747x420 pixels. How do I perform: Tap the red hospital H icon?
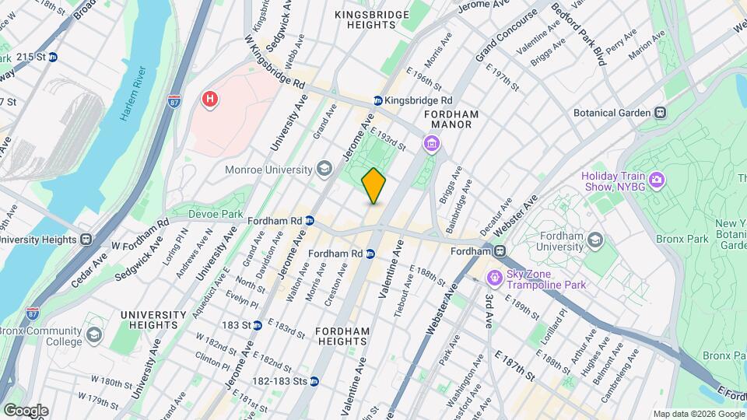209,99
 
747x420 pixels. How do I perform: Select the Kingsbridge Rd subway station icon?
377,101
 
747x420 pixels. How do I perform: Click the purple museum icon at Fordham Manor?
431,143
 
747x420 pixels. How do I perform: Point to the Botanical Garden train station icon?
660,113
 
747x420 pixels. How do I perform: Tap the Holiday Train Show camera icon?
657,180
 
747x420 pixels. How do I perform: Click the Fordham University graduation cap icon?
596,239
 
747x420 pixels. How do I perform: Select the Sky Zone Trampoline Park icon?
494,278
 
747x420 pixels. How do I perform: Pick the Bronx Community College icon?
94,335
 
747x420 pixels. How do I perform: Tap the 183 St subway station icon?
257,324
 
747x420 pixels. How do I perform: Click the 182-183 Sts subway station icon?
314,381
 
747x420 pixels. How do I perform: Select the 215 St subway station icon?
52,57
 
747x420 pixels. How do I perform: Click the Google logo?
25,410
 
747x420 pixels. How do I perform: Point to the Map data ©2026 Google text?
698,414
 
